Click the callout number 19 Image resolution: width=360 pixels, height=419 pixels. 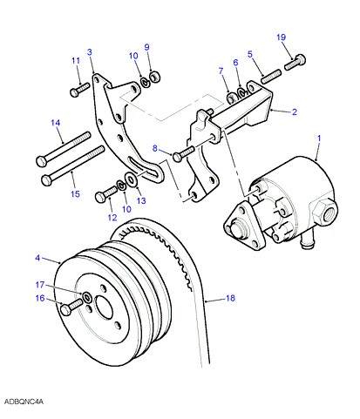pos(281,37)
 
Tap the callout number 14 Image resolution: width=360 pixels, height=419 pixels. pos(55,123)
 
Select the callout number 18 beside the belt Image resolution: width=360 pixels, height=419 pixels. pos(230,298)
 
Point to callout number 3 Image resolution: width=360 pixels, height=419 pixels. pos(90,52)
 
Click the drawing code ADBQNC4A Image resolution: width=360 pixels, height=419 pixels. pos(24,402)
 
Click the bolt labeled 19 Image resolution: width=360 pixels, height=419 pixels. pos(295,62)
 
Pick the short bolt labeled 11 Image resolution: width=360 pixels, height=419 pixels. pos(79,90)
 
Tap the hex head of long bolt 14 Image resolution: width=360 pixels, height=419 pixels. pos(42,161)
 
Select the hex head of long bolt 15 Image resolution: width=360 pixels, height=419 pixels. pos(47,180)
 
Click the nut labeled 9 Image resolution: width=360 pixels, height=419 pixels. pos(155,78)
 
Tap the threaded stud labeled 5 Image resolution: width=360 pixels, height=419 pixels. pos(271,76)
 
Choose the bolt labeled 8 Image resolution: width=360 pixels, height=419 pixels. pos(183,153)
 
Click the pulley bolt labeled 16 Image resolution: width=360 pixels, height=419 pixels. pos(71,307)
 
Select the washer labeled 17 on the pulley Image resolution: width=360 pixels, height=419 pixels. pos(87,297)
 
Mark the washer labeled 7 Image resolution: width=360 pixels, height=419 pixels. pos(232,98)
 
